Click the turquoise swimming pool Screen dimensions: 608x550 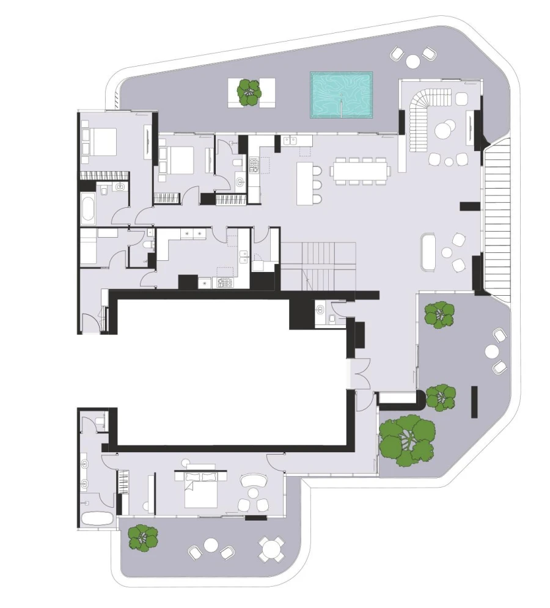coord(341,95)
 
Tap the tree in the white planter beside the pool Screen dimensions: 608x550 coord(249,92)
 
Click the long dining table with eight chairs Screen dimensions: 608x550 coord(361,170)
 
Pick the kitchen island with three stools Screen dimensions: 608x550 coord(304,183)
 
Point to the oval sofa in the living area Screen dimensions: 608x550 coord(428,251)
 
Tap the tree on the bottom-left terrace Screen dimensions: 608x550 coord(143,538)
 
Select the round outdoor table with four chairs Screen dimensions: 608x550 coord(271,548)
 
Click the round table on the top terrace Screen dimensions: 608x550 coord(414,60)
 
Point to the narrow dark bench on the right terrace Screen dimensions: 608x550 coord(474,401)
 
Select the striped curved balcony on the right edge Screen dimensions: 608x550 coord(497,217)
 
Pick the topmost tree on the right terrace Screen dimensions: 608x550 coord(440,314)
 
